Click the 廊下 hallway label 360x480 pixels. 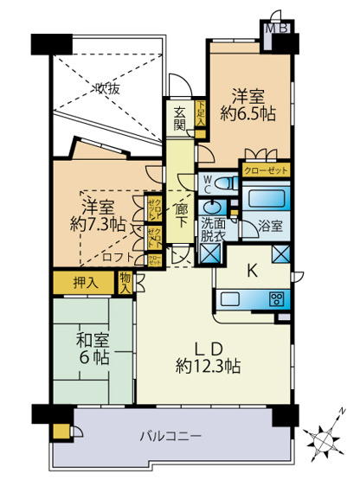182,214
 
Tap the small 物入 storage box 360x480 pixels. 126,281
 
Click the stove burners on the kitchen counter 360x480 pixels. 278,300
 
